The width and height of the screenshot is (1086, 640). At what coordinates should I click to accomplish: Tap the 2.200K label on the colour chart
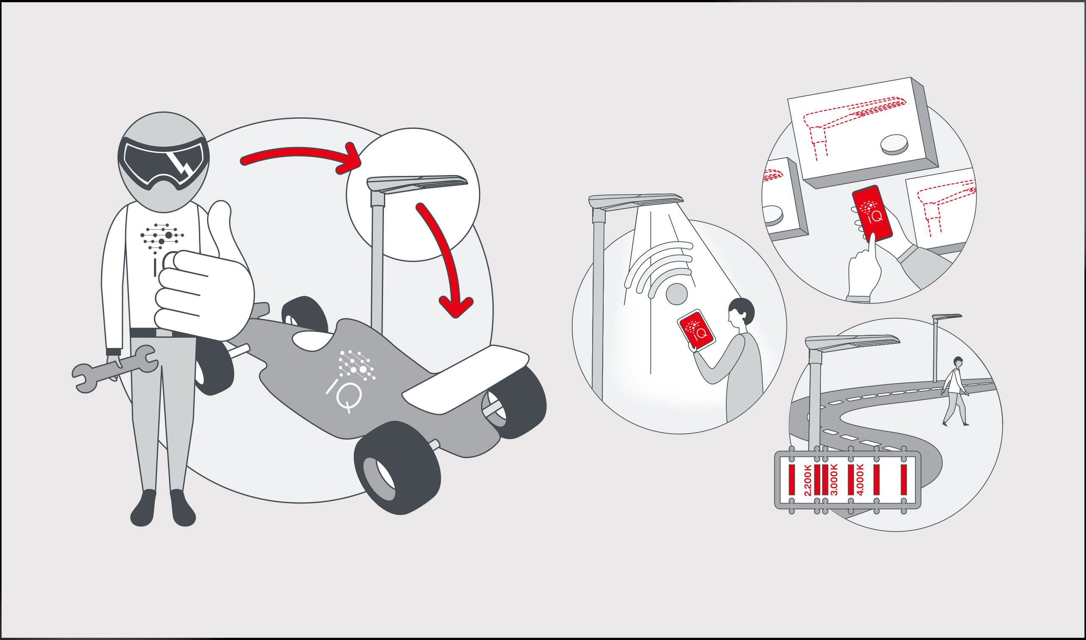[x=807, y=480]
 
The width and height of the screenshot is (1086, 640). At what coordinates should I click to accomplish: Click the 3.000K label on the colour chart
[x=834, y=479]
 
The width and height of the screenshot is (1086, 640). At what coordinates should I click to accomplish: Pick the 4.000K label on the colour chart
[x=860, y=479]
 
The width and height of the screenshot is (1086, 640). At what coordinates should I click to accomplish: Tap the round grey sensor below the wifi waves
[x=676, y=294]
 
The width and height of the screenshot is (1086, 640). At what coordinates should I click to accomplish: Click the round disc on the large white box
[x=894, y=145]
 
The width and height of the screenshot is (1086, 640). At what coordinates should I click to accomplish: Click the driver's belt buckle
[x=164, y=333]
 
